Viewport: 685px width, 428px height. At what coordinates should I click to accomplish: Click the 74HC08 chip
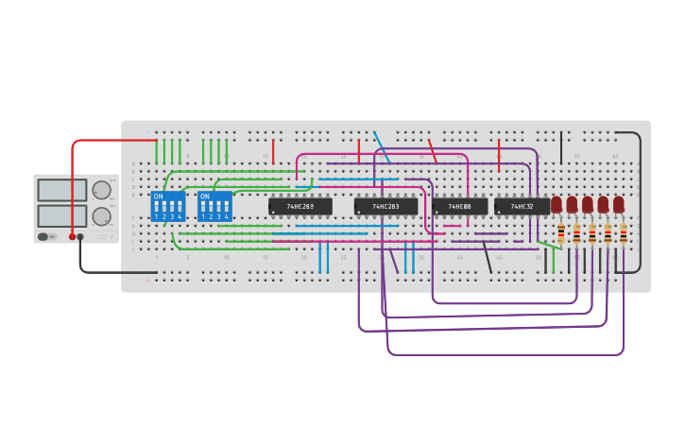tap(460, 206)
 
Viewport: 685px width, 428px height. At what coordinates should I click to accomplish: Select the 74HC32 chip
tap(522, 206)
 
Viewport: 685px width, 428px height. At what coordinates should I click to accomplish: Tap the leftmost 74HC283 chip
tap(300, 206)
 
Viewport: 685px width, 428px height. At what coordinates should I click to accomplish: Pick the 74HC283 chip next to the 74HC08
tap(385, 206)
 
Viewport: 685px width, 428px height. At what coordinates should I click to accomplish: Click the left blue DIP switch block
tap(168, 207)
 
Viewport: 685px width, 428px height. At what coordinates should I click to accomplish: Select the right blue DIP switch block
tap(214, 207)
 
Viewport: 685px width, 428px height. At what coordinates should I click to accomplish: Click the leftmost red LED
tap(557, 204)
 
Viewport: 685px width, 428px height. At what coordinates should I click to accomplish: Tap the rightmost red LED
tap(619, 204)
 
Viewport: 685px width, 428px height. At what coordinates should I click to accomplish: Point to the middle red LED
tap(588, 204)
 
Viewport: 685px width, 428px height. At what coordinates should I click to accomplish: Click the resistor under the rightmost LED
tap(624, 233)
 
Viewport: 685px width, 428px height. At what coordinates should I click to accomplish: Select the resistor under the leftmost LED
tap(561, 233)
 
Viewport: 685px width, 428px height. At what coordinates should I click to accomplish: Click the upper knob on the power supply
tap(101, 190)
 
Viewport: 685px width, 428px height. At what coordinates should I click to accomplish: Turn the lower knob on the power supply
tap(101, 216)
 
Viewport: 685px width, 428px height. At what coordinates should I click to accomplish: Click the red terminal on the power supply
tap(72, 237)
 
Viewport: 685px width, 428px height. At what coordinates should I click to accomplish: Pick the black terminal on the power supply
tap(80, 237)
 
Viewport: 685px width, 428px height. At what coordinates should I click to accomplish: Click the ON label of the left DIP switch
tap(158, 197)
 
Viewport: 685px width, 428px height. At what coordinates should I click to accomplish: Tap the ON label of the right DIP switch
tap(204, 197)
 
